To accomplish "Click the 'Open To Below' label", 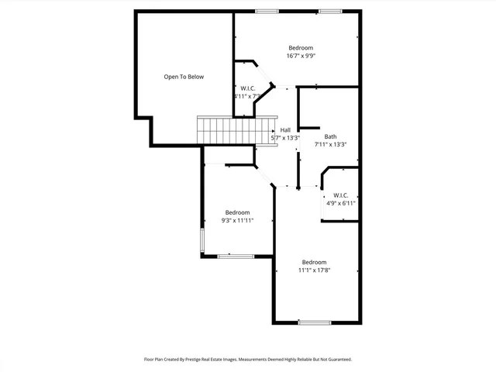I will [x=184, y=77].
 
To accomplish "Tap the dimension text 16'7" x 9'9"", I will [x=301, y=56].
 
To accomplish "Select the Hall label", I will [x=285, y=129].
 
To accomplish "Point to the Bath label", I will [x=331, y=136].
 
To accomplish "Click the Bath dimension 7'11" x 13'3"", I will [x=330, y=144].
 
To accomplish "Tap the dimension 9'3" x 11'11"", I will [x=237, y=220].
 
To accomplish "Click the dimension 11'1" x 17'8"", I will [x=315, y=270].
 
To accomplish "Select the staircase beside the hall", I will [x=232, y=130].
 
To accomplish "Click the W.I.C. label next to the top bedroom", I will [x=248, y=88].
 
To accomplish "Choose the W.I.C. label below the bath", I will [x=341, y=195].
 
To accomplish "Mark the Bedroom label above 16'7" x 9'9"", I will [x=301, y=47].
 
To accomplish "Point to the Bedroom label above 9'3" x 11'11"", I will [x=237, y=212].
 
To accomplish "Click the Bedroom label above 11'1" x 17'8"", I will [x=315, y=262].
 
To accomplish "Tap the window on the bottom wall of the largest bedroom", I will [x=315, y=322].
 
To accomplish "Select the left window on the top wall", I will [x=267, y=11].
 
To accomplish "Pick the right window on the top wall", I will [x=329, y=11].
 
